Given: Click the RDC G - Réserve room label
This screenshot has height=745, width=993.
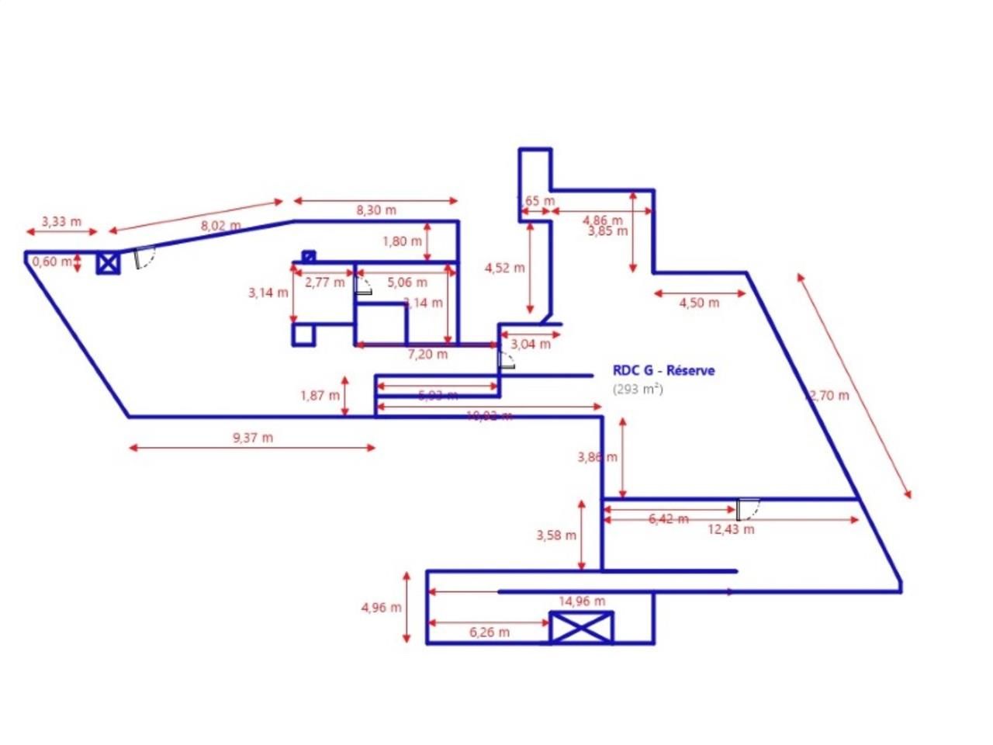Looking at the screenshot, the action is click(x=663, y=371).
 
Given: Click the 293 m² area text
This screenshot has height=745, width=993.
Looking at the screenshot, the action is click(x=638, y=389).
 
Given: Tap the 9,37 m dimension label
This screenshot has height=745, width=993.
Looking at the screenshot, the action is click(x=253, y=438).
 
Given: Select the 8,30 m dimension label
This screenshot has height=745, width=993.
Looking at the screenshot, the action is click(x=376, y=210).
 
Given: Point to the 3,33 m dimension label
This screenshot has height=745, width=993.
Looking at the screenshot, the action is click(x=61, y=221).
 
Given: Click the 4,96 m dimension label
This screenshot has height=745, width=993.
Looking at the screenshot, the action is click(x=382, y=607).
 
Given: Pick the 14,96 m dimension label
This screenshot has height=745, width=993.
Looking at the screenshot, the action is click(x=582, y=601).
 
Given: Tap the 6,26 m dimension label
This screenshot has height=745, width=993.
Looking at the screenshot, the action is click(x=490, y=632).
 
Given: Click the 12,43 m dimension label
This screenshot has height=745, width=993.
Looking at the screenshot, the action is click(x=731, y=530).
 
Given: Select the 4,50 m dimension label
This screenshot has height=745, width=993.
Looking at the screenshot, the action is click(x=699, y=303).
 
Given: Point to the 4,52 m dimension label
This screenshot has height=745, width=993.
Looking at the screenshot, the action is click(x=504, y=268).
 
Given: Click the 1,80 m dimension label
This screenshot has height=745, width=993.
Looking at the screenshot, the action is click(x=402, y=241).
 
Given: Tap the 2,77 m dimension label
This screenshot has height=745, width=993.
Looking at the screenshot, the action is click(x=324, y=282).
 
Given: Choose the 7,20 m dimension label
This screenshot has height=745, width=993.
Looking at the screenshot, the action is click(x=427, y=354).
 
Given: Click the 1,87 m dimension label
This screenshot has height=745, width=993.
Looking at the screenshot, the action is click(x=320, y=396).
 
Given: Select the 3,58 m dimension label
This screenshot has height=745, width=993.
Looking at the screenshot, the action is click(x=556, y=535).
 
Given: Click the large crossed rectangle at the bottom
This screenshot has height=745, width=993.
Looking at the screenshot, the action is click(x=581, y=627).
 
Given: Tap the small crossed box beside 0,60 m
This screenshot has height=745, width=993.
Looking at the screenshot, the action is click(x=108, y=263).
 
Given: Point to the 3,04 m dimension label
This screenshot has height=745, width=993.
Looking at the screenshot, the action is click(x=531, y=344).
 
